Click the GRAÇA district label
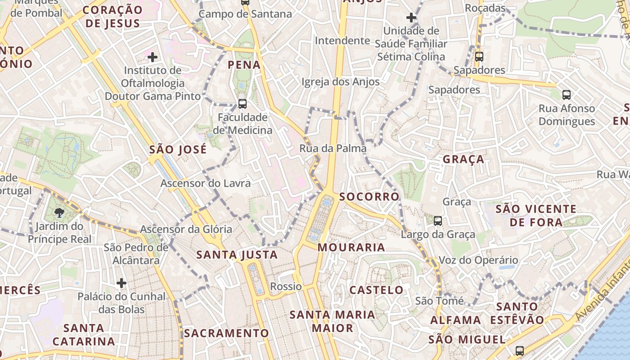click(463, 159)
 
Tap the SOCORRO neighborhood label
click(369, 197)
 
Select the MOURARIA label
click(351, 247)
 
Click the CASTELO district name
click(377, 290)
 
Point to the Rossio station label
click(286, 287)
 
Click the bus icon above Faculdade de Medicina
click(243, 104)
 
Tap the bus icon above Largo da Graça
click(438, 221)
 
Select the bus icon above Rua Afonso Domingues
click(567, 95)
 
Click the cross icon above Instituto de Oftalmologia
click(153, 57)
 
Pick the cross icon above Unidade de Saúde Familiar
click(411, 18)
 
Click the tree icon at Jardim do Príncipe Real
click(59, 212)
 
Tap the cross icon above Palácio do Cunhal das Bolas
click(121, 283)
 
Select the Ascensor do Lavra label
click(206, 184)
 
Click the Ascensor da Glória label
click(186, 229)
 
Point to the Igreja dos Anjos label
click(341, 82)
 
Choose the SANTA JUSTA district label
click(237, 255)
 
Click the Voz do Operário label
click(478, 261)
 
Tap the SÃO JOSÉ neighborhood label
click(178, 149)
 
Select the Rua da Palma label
click(333, 148)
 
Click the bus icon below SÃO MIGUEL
click(520, 351)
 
